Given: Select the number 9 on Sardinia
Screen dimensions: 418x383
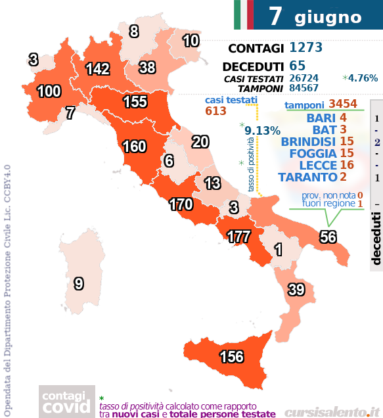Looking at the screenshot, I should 79,284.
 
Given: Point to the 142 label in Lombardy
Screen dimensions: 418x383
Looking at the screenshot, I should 97,69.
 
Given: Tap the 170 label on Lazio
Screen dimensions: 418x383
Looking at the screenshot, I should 180,204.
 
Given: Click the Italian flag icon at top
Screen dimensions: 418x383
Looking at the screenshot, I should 243,15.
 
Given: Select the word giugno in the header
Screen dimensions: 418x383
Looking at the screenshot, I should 328,16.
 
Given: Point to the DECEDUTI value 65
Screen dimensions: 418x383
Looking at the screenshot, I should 297,66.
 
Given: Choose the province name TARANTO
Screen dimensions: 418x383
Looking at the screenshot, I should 308,177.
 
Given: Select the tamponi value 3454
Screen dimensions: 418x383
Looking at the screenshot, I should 343,104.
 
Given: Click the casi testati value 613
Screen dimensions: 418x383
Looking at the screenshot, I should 216,111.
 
